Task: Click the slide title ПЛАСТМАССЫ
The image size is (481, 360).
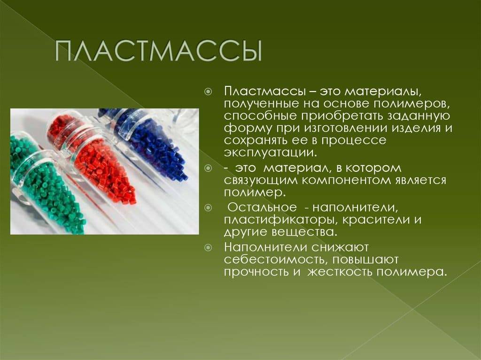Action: click(159, 51)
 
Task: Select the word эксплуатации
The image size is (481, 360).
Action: click(270, 153)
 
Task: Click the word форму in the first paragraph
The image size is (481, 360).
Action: click(248, 128)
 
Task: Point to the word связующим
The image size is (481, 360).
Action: click(261, 180)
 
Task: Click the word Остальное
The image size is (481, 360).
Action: click(262, 207)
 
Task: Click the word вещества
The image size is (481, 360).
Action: click(304, 232)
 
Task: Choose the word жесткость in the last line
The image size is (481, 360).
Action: click(340, 272)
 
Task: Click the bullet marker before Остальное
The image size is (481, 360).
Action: click(208, 208)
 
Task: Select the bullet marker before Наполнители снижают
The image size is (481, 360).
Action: click(208, 247)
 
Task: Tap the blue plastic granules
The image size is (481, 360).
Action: click(154, 147)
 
